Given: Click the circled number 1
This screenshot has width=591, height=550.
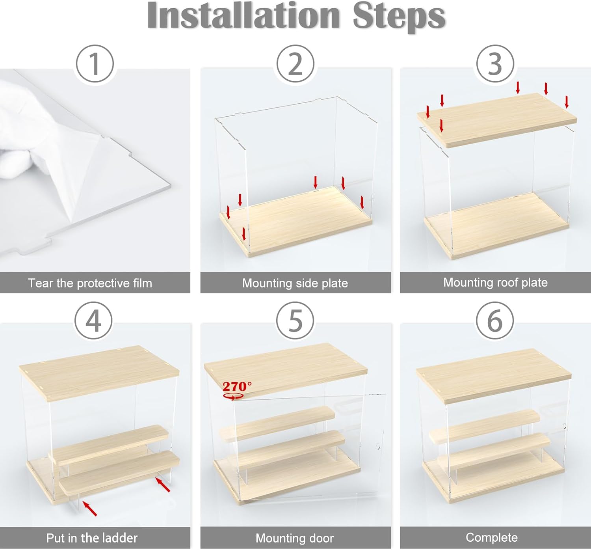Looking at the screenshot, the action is (x=95, y=64).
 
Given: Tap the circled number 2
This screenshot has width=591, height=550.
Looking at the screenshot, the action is (x=295, y=64).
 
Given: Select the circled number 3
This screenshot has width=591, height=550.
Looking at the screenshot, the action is (x=495, y=64).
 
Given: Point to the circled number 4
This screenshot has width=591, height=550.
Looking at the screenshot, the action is (x=93, y=321).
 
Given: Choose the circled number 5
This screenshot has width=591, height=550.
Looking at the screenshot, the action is (x=295, y=321).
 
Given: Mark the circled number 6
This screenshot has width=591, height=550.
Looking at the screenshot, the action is (x=495, y=321).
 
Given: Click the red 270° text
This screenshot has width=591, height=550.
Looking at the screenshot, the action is (x=237, y=386).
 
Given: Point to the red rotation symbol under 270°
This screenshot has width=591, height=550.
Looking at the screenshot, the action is (x=234, y=397).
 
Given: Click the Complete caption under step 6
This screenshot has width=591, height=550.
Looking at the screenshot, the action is (x=492, y=538).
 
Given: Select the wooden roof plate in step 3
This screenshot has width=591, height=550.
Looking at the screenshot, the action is (x=497, y=120).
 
